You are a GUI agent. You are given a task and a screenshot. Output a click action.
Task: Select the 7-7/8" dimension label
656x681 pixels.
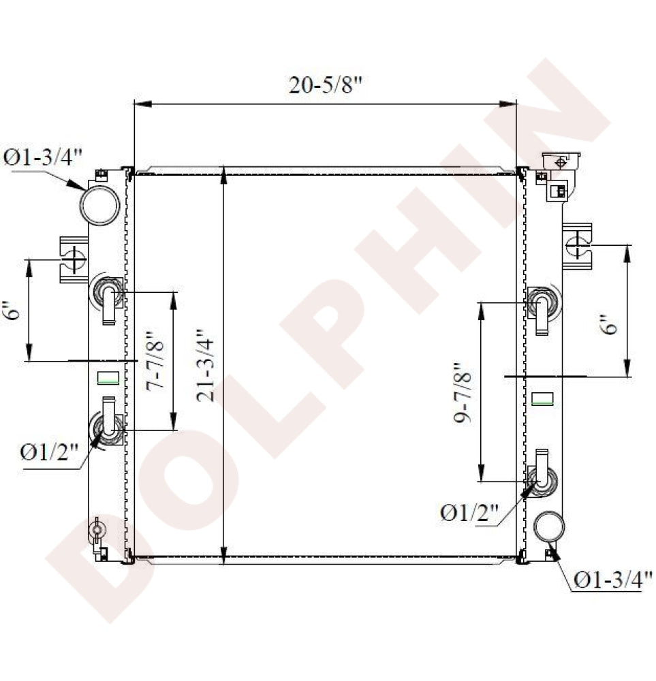tap(155, 362)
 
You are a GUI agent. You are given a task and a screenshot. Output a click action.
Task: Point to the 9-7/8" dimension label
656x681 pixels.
tap(462, 393)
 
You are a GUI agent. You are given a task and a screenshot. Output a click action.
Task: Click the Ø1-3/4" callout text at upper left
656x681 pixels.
tap(42, 157)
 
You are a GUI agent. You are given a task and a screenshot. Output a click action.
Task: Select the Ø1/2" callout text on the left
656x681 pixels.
tap(49, 453)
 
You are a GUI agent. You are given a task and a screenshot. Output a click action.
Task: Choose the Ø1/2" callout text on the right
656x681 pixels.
tap(469, 513)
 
